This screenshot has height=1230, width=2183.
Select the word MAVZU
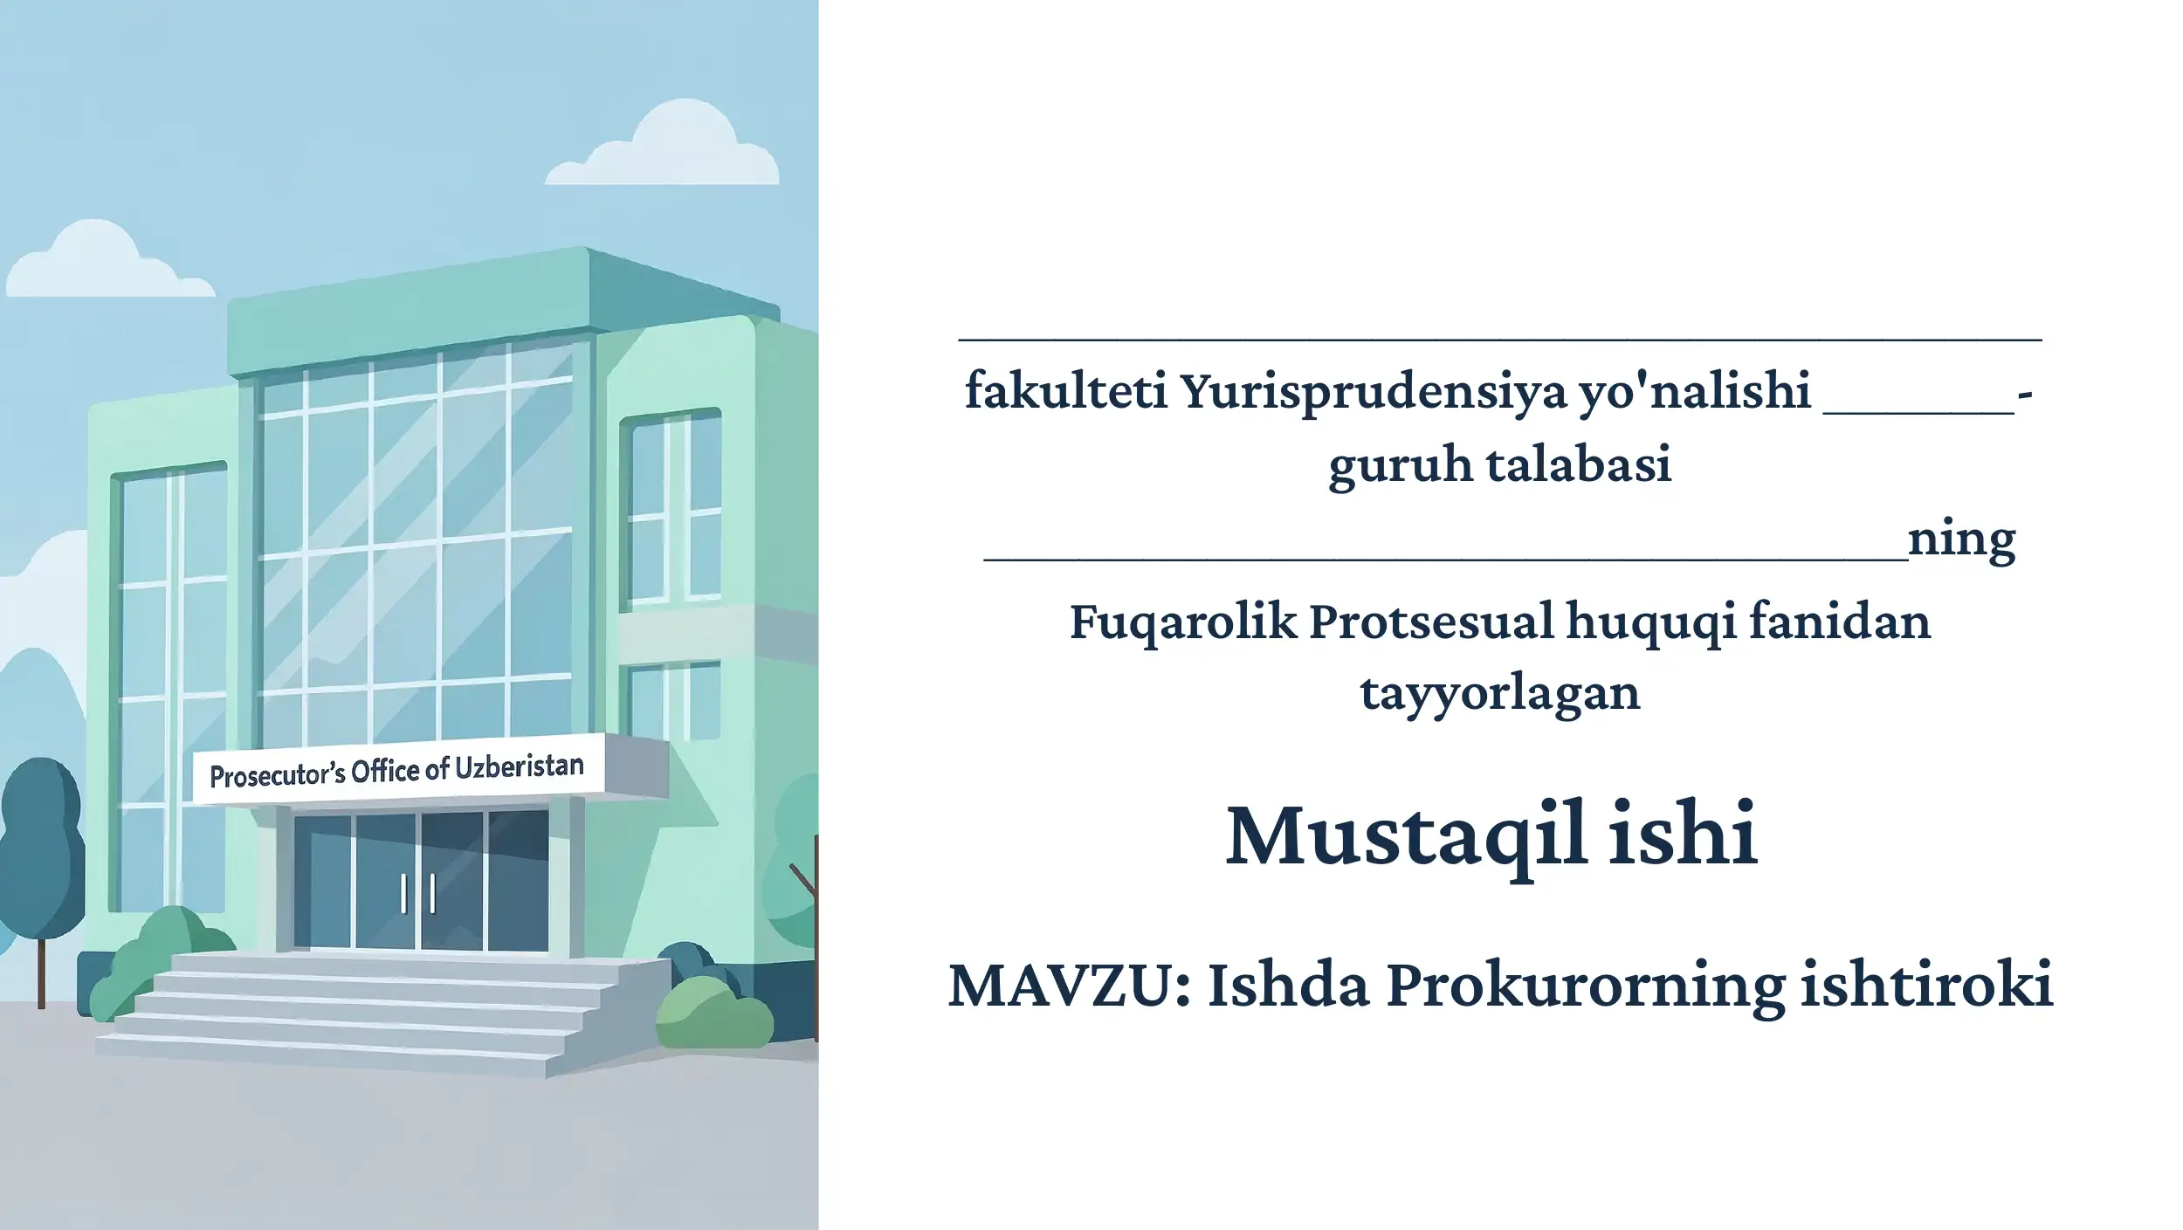(x=1064, y=986)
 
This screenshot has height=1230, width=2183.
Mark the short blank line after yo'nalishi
(x=1919, y=411)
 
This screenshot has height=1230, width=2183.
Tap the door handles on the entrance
(x=418, y=895)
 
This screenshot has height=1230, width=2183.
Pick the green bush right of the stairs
(x=713, y=1011)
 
